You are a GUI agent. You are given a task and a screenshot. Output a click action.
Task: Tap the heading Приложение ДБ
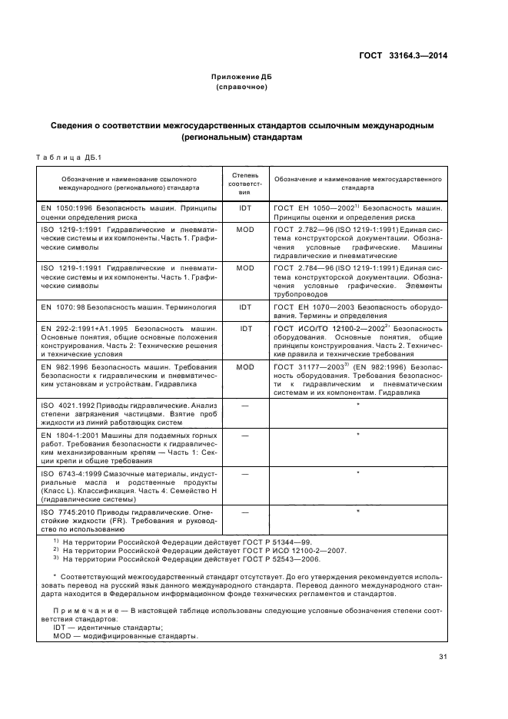(x=242, y=78)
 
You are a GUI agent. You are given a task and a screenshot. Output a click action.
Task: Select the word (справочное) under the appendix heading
(x=242, y=88)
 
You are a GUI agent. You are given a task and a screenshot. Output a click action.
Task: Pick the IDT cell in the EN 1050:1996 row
(x=244, y=208)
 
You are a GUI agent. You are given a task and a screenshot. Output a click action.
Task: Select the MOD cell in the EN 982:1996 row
(x=244, y=368)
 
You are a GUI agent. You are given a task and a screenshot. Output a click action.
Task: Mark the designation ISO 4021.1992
(x=68, y=405)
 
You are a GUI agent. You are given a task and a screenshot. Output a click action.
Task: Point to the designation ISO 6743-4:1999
(x=71, y=475)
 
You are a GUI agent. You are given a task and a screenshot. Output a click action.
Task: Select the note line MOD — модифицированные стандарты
(x=115, y=636)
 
